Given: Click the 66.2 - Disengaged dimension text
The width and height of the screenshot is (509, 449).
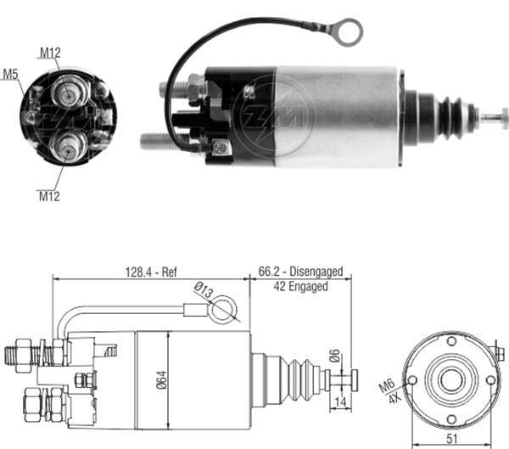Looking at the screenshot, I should [300, 272].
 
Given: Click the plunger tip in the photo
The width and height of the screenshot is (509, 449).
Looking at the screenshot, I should [495, 118].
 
